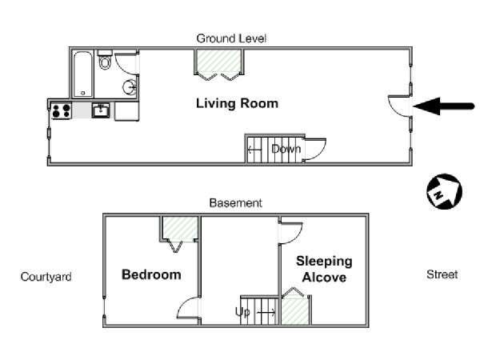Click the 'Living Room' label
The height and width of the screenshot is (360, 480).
tap(237, 103)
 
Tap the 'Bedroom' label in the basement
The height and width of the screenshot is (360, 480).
tap(151, 274)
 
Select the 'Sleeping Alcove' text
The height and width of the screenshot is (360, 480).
tap(324, 270)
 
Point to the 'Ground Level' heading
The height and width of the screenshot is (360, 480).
tap(231, 38)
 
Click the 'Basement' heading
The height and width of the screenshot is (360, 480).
tap(236, 203)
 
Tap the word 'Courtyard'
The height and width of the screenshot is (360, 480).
tap(46, 277)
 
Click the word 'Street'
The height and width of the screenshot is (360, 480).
tap(442, 274)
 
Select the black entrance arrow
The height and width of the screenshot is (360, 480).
tap(443, 106)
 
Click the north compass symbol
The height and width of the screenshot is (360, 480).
tap(444, 192)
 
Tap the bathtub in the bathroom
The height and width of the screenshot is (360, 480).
tap(83, 74)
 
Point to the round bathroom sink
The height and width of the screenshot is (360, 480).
tap(130, 87)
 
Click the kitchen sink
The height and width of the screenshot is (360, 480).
tap(101, 110)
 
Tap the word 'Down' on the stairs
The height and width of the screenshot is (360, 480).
tap(286, 149)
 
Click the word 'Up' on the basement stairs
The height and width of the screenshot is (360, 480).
tap(242, 312)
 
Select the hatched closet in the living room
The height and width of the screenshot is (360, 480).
tap(218, 62)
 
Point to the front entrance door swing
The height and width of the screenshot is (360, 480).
tap(399, 106)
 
